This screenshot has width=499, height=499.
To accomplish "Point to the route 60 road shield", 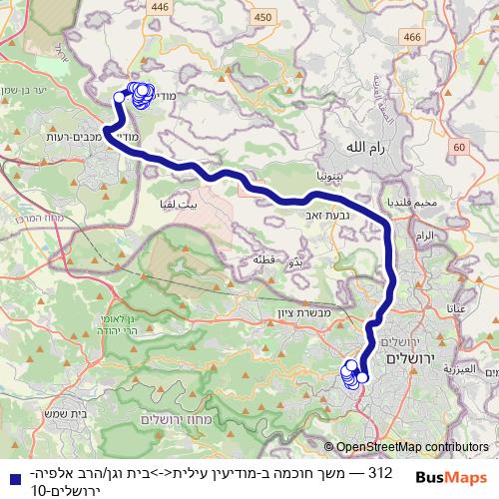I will pos(458,148).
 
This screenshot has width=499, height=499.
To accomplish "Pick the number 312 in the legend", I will pos(379,470).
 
